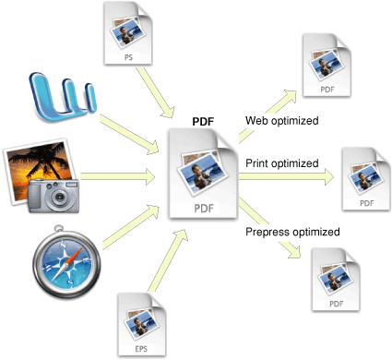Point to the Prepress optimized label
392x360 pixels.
tap(291, 232)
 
